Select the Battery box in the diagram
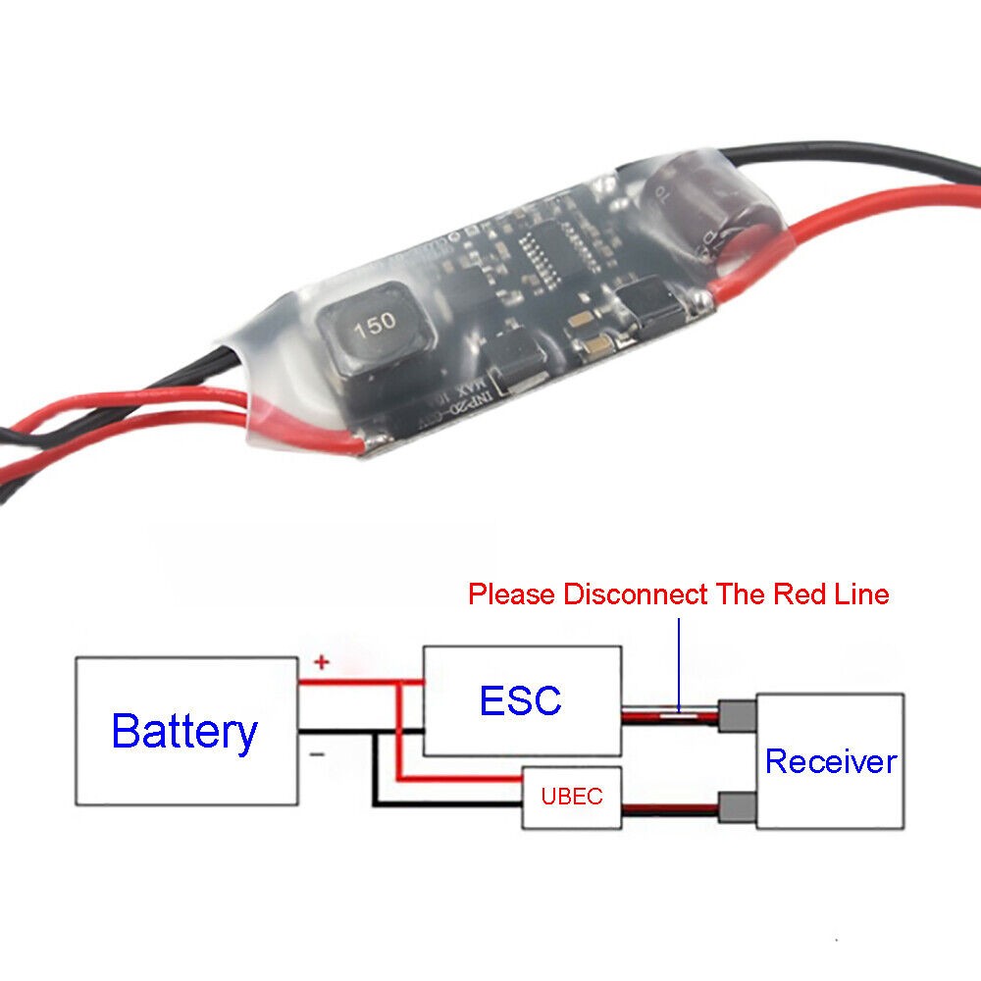click(186, 732)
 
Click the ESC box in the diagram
click(522, 700)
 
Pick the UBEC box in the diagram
click(571, 796)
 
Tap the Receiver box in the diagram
click(830, 761)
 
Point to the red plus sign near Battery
click(321, 663)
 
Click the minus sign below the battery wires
click(318, 755)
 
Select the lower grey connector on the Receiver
click(736, 808)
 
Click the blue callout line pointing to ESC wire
click(679, 662)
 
